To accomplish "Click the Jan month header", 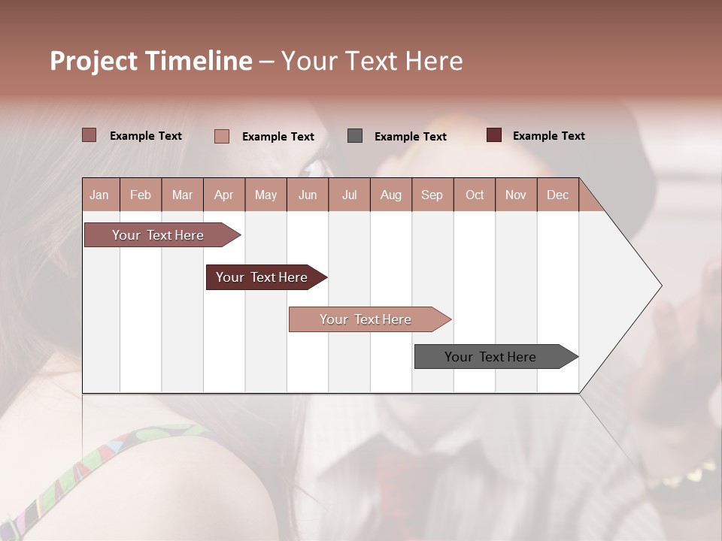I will pyautogui.click(x=99, y=195).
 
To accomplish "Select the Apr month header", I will pyautogui.click(x=223, y=195).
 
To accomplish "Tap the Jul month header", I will pyautogui.click(x=349, y=195).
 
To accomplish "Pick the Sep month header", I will pyautogui.click(x=432, y=195).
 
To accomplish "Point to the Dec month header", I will pyautogui.click(x=557, y=195).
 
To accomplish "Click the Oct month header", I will pyautogui.click(x=475, y=195).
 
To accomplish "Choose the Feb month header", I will pyautogui.click(x=141, y=195).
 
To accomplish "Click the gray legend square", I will pyautogui.click(x=355, y=136).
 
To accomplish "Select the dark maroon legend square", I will pyautogui.click(x=494, y=135).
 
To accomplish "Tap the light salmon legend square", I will pyautogui.click(x=222, y=136).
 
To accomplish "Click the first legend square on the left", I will pyautogui.click(x=89, y=135).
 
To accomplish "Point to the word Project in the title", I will pyautogui.click(x=93, y=61).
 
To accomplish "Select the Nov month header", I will pyautogui.click(x=516, y=195).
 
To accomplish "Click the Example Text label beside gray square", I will pyautogui.click(x=411, y=137).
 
